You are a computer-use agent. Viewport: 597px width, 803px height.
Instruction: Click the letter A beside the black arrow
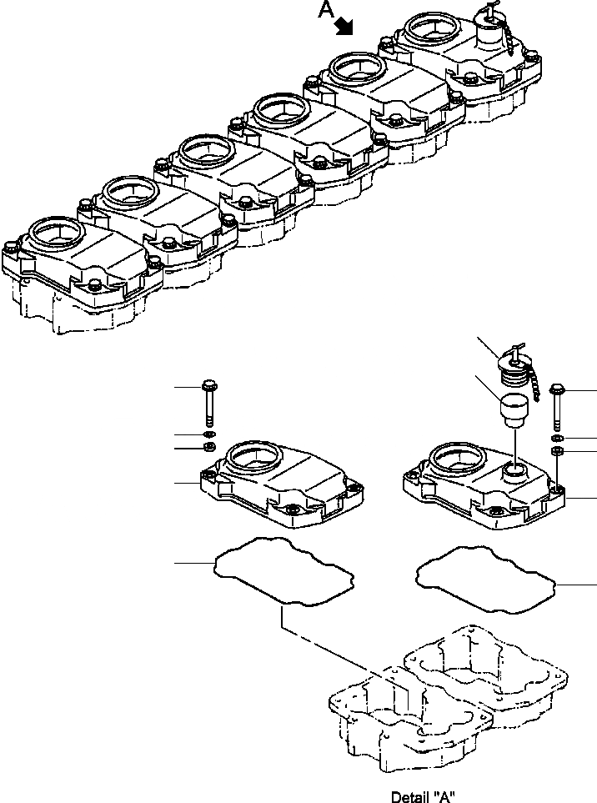(x=326, y=11)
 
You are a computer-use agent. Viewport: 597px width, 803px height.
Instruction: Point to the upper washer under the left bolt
(x=209, y=436)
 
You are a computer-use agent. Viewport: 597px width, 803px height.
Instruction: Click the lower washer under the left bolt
(x=210, y=449)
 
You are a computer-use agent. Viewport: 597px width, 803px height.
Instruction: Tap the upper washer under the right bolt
(x=556, y=438)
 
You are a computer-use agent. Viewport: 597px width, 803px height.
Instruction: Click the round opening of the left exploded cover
(x=253, y=457)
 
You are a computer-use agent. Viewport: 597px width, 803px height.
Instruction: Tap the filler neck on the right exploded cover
(x=514, y=472)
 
